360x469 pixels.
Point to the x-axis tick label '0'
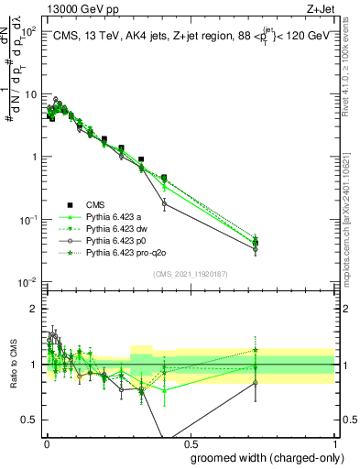coord(47,442)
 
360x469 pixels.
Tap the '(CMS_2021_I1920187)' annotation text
coord(190,273)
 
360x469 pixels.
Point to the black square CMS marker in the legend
coord(68,204)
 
